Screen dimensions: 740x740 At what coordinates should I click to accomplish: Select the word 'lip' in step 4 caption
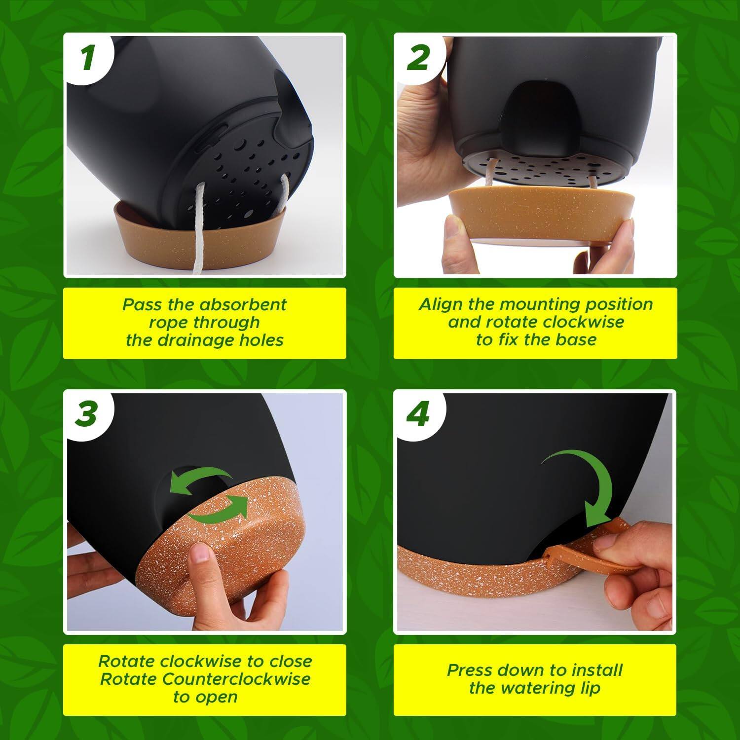[589, 688]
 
